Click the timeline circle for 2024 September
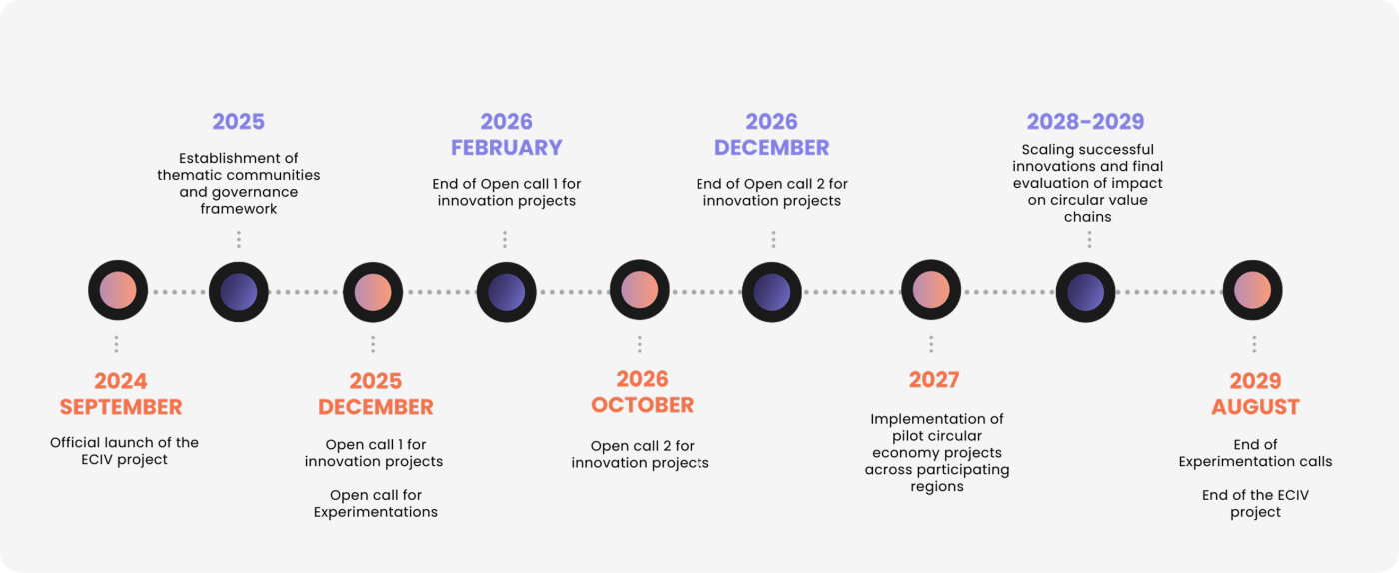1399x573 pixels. coord(118,291)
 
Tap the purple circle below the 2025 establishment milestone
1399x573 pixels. coord(239,292)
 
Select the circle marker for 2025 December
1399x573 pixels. coord(373,292)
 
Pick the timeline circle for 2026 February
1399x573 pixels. coord(506,292)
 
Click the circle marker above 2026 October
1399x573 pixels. coord(639,291)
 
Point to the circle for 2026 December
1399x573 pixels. coord(771,292)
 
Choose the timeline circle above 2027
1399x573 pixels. coord(931,291)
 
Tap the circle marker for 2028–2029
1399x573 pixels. coord(1085,292)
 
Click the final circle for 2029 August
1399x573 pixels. coord(1253,291)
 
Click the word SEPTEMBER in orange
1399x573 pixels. coord(121,407)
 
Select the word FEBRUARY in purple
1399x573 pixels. coord(507,147)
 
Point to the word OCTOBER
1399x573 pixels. coord(642,405)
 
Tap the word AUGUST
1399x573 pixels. coord(1255,407)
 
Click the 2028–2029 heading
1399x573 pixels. coord(1085,121)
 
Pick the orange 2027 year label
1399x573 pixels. coord(934,379)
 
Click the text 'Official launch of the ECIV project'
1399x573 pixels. coord(124,451)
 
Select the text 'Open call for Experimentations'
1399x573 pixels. coord(376,503)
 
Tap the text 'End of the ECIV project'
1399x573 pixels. coord(1255,503)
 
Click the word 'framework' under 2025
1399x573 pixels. coord(239,209)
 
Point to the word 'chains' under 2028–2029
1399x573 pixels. coord(1088,217)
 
